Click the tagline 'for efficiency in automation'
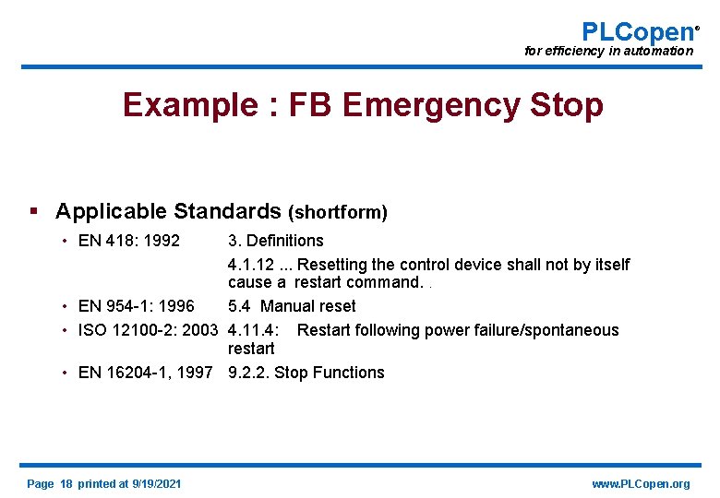(608, 51)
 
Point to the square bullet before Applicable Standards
(34, 211)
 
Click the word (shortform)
(338, 212)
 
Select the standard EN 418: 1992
(129, 241)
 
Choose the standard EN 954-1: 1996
(137, 306)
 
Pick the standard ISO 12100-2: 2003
(149, 330)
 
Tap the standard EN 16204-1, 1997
(145, 373)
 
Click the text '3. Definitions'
(276, 241)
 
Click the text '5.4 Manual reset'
(292, 306)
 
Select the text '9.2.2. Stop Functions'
(306, 373)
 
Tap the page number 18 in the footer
(66, 484)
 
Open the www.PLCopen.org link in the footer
(641, 484)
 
